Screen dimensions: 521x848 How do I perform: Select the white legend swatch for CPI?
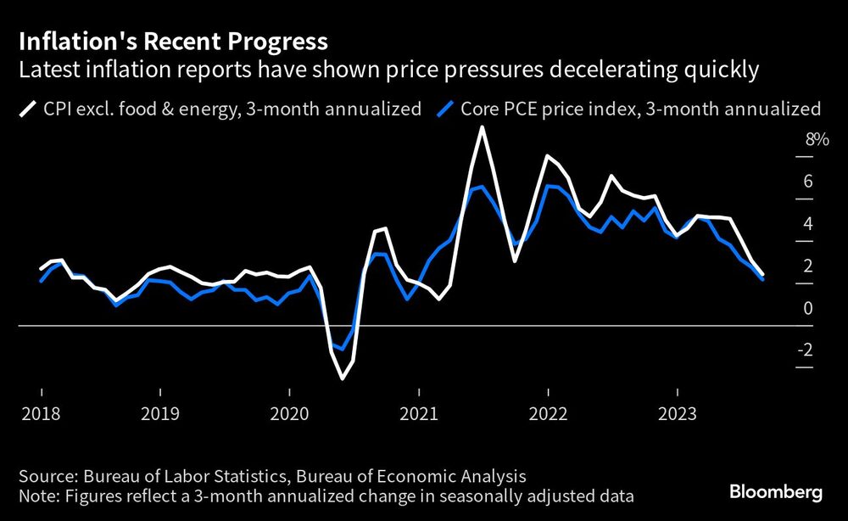pos(29,109)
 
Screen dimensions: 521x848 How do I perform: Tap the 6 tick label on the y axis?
pos(808,182)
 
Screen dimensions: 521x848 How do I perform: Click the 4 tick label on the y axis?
pos(808,224)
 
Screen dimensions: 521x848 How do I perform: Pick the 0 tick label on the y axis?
pos(808,308)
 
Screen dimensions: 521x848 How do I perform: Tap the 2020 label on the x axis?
pos(289,414)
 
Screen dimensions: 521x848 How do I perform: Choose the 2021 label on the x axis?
pos(419,414)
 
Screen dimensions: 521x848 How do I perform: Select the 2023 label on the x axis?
pos(677,414)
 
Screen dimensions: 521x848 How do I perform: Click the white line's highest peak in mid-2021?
pos(482,128)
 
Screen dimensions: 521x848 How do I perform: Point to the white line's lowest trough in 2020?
pos(342,378)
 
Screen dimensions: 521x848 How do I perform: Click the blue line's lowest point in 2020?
pos(342,349)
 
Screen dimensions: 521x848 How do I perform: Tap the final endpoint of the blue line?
pos(763,279)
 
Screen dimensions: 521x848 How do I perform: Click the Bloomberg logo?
pos(776,492)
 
